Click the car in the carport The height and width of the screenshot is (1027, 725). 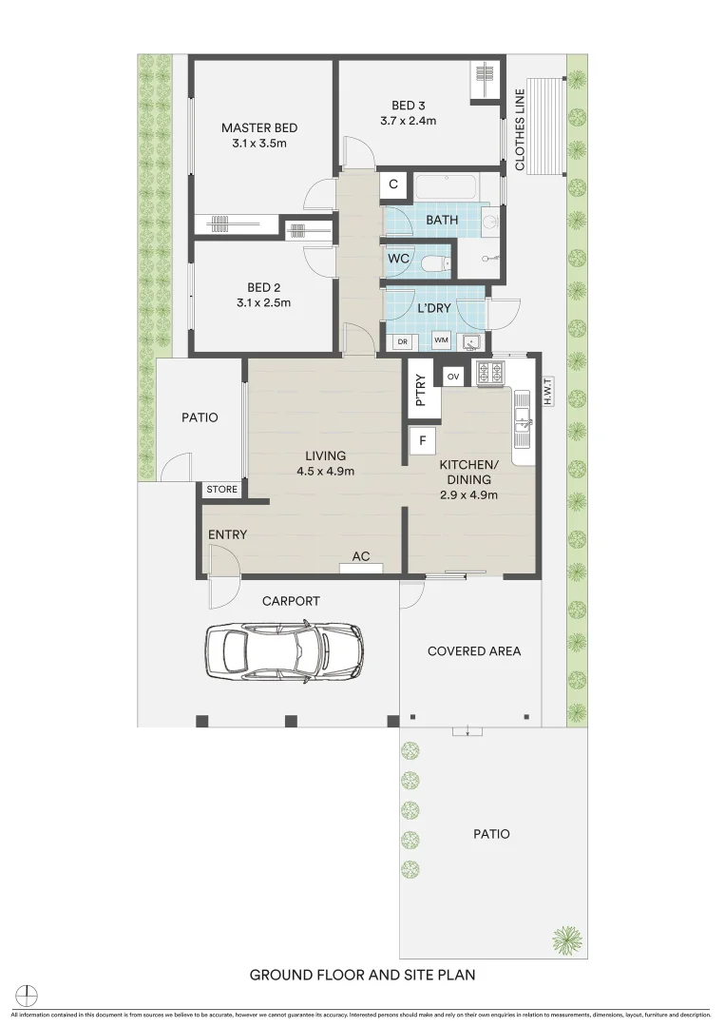[284, 651]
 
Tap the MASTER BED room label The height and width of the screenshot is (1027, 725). [259, 128]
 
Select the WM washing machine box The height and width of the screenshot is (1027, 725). [441, 339]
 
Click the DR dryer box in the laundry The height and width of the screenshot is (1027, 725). [402, 339]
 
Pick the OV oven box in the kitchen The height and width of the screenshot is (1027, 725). [453, 376]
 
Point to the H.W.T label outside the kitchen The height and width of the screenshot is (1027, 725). [548, 390]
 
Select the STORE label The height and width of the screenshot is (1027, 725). [222, 490]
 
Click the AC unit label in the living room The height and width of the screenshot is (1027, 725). [361, 557]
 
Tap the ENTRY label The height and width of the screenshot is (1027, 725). [227, 534]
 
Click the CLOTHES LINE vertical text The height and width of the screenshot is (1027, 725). [520, 129]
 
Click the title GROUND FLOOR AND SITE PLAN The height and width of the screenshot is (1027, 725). [362, 975]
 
